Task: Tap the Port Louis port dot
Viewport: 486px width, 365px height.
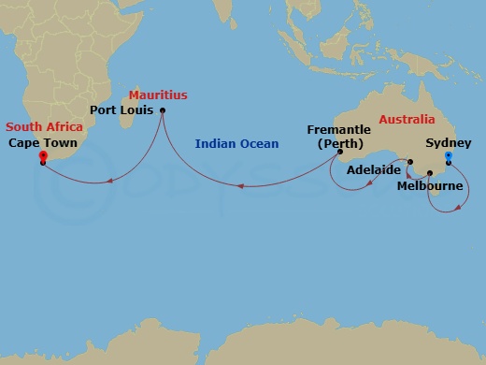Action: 163,111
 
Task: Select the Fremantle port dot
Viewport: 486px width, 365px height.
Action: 340,152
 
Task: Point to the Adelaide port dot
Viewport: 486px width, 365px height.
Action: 409,161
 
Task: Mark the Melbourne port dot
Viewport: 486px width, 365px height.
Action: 430,173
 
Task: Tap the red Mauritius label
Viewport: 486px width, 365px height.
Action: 158,95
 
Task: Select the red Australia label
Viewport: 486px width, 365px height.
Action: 407,120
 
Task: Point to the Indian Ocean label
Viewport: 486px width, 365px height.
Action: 236,144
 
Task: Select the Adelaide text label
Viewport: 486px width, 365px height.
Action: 375,171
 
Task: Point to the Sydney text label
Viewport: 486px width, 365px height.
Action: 449,143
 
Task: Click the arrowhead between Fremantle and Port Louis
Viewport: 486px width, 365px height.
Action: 241,185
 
